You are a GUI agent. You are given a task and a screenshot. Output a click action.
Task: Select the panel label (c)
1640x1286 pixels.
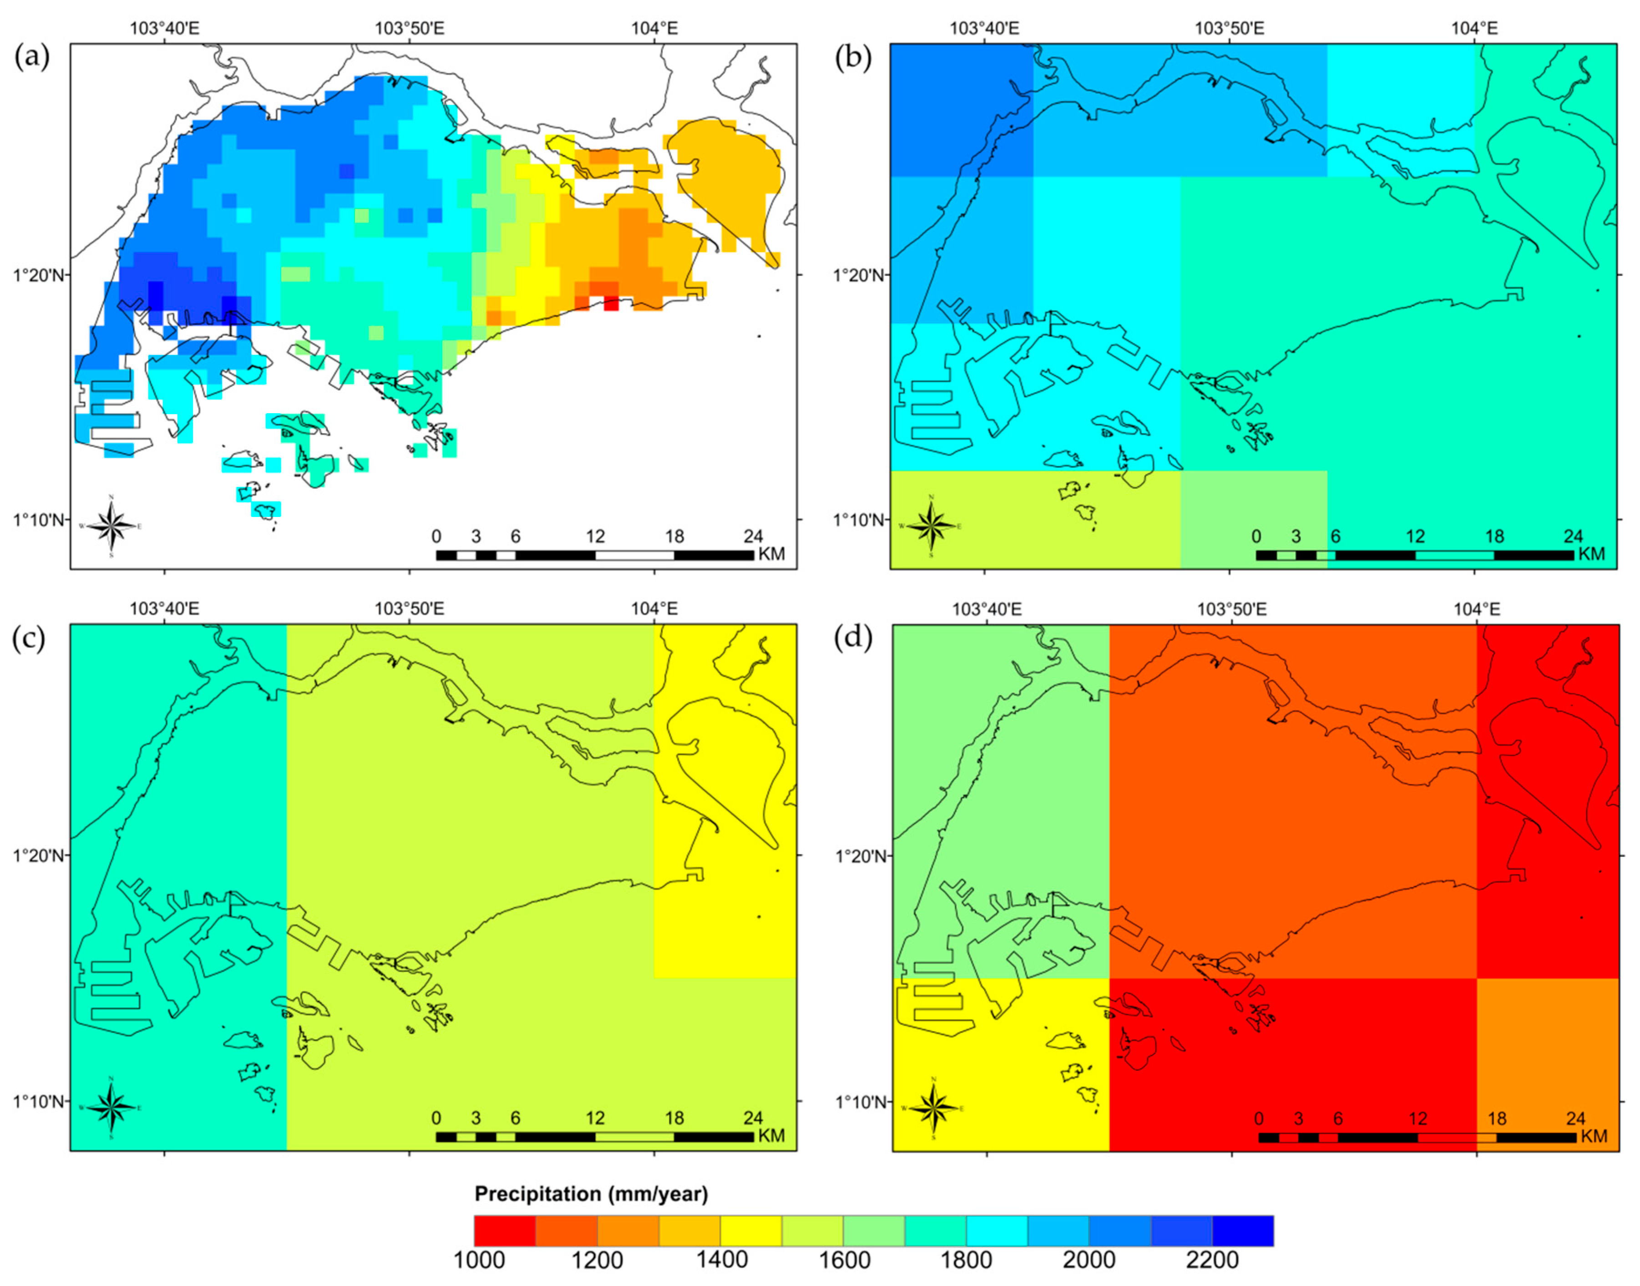tap(31, 638)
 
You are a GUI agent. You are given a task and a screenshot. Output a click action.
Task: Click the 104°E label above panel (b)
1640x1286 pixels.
tap(1474, 29)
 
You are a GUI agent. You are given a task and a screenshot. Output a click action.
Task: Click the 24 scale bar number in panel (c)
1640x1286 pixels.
tap(753, 1118)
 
